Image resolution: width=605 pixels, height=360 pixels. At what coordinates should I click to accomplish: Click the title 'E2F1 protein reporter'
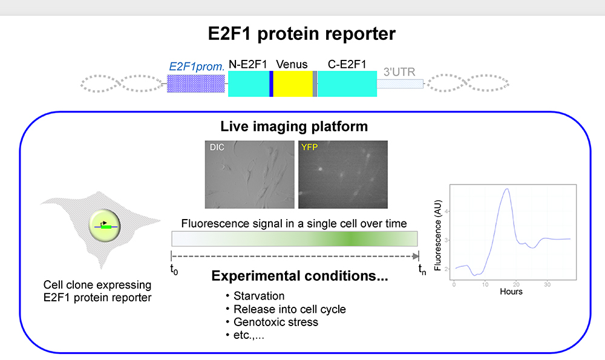click(x=302, y=33)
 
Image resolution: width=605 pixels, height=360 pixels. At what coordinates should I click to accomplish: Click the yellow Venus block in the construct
click(x=293, y=83)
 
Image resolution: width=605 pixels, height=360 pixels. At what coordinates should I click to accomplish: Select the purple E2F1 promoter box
click(x=195, y=83)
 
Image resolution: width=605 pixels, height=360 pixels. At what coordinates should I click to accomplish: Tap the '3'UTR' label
click(x=399, y=72)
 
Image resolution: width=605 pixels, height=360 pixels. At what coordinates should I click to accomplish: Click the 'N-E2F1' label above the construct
click(x=247, y=65)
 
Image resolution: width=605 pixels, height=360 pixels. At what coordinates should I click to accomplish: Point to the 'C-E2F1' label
click(x=347, y=65)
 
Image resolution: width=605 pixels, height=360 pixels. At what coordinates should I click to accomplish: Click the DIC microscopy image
click(x=250, y=174)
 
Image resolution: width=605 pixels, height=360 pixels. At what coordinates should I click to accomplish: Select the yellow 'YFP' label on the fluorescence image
click(x=309, y=147)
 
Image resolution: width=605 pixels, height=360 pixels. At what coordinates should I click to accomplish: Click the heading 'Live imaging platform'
click(x=294, y=126)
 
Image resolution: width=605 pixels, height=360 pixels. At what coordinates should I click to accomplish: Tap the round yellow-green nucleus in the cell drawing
click(x=105, y=226)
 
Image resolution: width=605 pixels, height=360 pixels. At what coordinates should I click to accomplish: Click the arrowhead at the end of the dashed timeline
click(x=416, y=256)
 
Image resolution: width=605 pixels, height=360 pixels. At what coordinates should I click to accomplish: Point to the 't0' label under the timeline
click(x=174, y=269)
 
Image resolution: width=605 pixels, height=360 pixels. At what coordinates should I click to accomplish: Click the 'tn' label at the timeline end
click(x=422, y=269)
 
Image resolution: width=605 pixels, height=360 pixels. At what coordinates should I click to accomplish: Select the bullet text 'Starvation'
click(x=259, y=296)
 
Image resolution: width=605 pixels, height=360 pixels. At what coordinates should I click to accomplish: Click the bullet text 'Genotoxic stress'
click(x=276, y=322)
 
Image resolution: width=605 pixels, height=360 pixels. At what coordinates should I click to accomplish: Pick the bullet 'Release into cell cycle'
click(x=290, y=309)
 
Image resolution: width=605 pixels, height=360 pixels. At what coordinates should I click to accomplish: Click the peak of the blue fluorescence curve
click(x=507, y=189)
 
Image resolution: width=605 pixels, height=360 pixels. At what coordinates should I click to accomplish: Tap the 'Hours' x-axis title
click(x=511, y=292)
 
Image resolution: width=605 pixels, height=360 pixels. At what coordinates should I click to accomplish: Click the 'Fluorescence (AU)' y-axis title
click(x=437, y=235)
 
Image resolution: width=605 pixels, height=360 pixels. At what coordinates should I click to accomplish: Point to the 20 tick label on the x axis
click(x=516, y=285)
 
